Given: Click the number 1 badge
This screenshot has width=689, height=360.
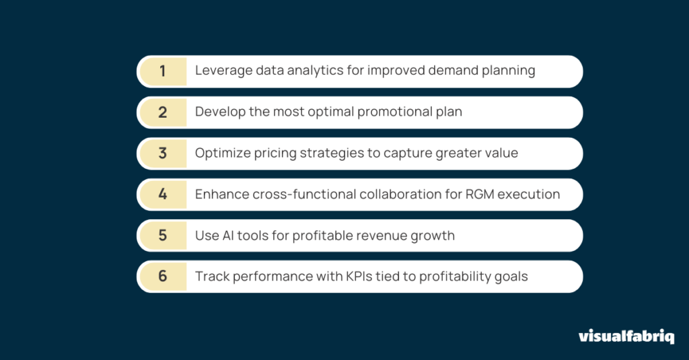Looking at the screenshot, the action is tap(163, 71).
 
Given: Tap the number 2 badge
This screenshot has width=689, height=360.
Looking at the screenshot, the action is tap(163, 112).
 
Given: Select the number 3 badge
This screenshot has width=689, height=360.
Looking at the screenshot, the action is tap(163, 153).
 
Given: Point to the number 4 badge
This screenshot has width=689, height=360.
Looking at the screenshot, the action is tap(163, 194).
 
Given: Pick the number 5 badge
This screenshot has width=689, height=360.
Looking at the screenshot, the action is tap(163, 236).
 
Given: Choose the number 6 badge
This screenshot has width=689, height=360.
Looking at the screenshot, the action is tap(163, 277).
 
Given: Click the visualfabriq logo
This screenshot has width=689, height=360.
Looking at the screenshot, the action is tap(626, 336).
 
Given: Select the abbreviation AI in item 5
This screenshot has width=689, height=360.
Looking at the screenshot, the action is tap(228, 235).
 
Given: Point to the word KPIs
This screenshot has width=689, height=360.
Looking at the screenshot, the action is tap(359, 276).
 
